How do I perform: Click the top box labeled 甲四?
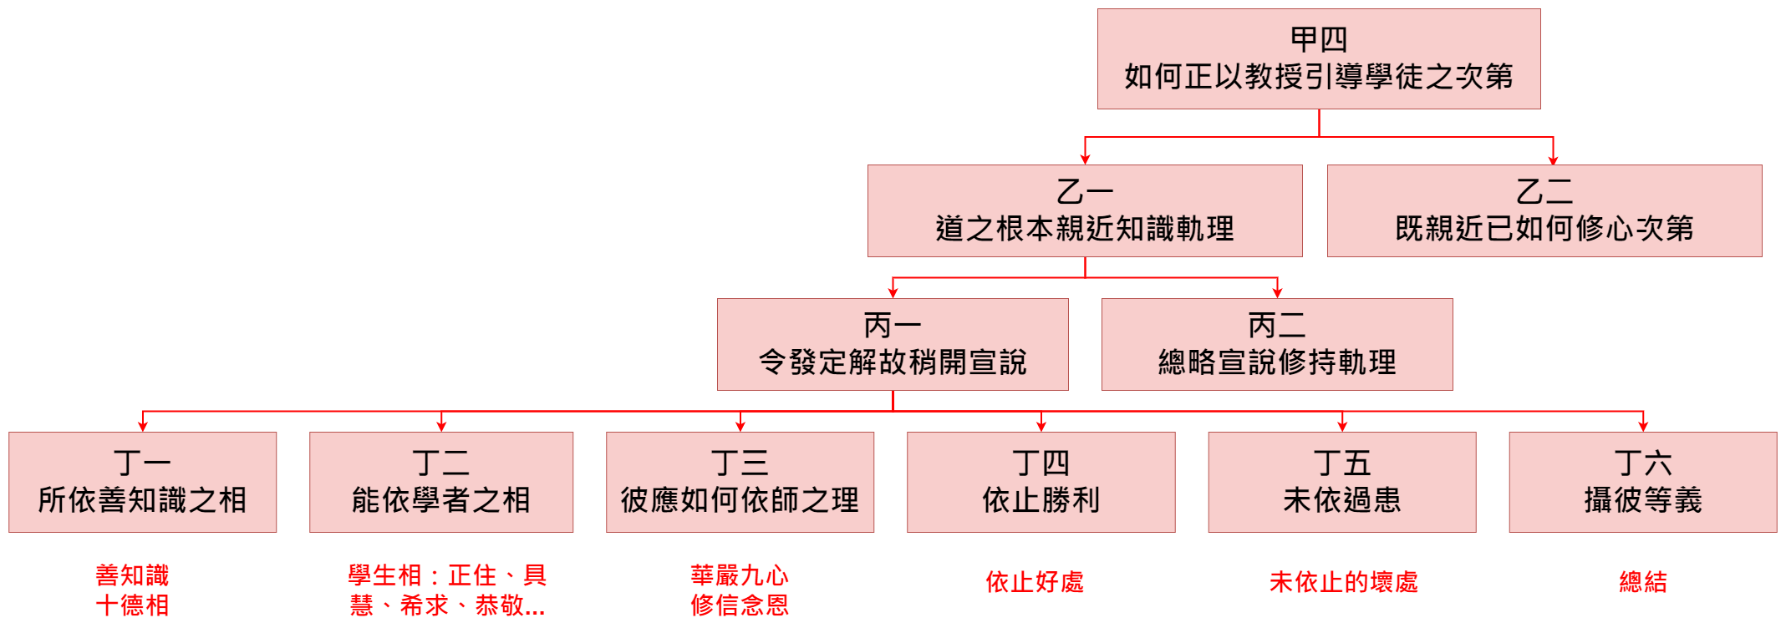click(1318, 58)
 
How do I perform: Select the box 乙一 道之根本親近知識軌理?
click(1084, 210)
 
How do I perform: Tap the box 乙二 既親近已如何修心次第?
click(1544, 210)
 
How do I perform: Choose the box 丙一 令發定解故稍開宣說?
click(892, 344)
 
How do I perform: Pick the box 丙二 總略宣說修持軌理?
click(1276, 344)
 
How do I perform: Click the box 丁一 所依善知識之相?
click(142, 482)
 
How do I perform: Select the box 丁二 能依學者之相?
click(440, 482)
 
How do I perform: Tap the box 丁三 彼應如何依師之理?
click(740, 482)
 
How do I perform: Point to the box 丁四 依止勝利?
click(1041, 482)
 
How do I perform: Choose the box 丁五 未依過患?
click(1341, 482)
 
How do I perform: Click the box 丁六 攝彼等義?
click(1642, 482)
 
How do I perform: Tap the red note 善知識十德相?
click(132, 590)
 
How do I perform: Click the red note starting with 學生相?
click(447, 590)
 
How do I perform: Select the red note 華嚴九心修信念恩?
click(740, 590)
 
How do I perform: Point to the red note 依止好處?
click(1035, 582)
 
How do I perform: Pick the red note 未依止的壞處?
click(1343, 582)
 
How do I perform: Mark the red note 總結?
click(1642, 582)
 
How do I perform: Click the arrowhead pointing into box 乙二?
click(1553, 159)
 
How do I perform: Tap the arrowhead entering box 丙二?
click(1277, 292)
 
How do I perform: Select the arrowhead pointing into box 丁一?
click(143, 426)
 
